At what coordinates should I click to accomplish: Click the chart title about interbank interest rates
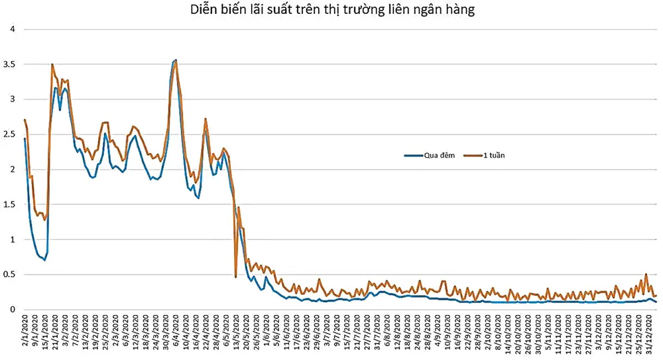tap(331, 10)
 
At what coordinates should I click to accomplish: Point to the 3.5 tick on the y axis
tap(11, 64)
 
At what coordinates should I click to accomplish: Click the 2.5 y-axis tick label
tap(11, 135)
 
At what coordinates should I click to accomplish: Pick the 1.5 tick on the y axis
tap(11, 205)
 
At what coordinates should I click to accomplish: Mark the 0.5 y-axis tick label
tap(11, 274)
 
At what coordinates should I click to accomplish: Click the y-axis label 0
tap(12, 310)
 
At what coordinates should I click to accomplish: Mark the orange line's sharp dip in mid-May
tap(236, 276)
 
